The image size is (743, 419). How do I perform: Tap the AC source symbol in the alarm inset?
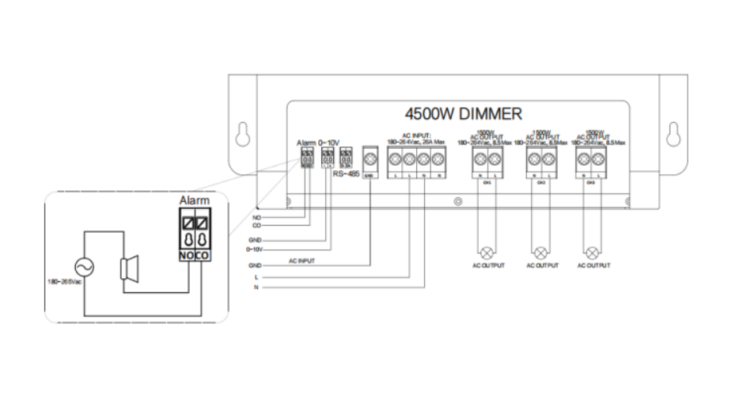83,269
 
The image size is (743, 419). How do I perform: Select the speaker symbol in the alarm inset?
128,269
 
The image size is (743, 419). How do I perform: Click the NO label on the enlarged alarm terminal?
186,256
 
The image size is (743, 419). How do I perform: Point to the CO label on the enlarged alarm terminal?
202,256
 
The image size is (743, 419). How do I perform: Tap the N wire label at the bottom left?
256,288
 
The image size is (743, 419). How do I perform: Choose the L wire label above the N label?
256,278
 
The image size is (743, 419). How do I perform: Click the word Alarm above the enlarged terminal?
194,202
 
